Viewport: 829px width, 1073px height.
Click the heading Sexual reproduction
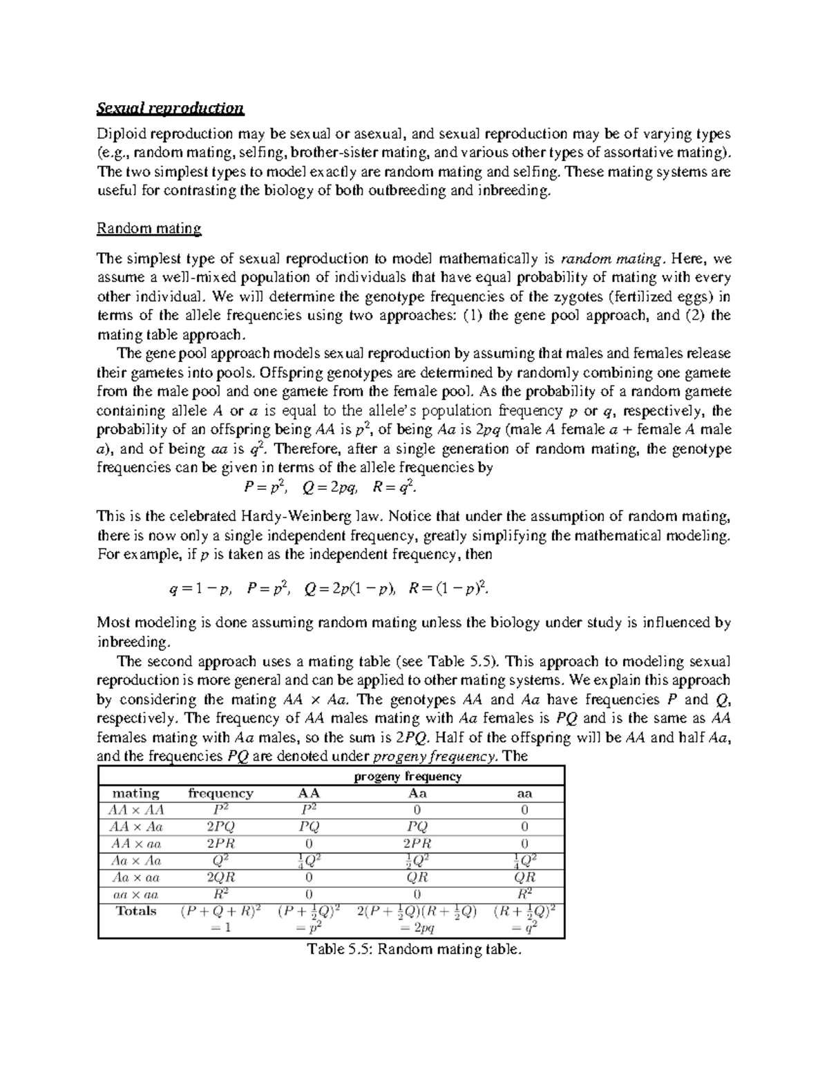[x=170, y=108]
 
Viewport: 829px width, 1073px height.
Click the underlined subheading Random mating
[x=149, y=228]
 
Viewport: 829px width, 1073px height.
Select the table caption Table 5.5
[x=412, y=949]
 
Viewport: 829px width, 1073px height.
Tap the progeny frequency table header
[x=408, y=776]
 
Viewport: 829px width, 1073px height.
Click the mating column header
[x=136, y=793]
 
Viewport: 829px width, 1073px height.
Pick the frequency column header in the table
[x=220, y=793]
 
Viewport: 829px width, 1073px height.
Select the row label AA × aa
[x=136, y=844]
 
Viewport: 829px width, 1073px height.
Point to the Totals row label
[x=136, y=911]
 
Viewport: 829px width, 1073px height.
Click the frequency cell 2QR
[x=220, y=877]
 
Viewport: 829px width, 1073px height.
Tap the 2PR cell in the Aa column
[x=417, y=844]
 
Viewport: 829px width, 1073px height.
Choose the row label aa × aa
[x=136, y=894]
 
